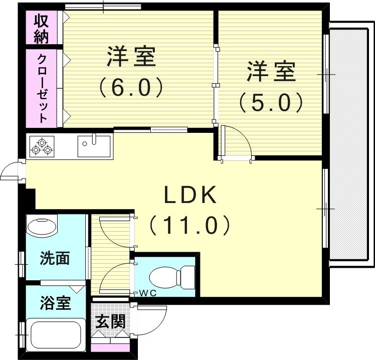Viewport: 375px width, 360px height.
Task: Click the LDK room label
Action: click(x=191, y=195)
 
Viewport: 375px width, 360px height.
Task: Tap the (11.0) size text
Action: click(x=190, y=225)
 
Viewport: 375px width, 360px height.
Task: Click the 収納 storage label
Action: click(x=42, y=28)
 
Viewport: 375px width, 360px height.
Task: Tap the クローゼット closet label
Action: click(x=42, y=88)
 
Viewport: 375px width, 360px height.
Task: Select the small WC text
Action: click(x=148, y=293)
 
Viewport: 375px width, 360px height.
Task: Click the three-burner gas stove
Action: click(x=42, y=146)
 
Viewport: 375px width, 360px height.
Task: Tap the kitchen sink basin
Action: click(x=94, y=146)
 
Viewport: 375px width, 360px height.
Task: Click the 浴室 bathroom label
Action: click(x=55, y=303)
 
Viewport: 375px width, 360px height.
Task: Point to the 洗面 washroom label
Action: click(x=55, y=258)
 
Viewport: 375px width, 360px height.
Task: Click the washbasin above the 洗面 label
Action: click(x=42, y=225)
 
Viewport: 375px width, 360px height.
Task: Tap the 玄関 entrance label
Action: click(x=110, y=321)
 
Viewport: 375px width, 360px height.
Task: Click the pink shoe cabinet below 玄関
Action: click(x=110, y=347)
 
